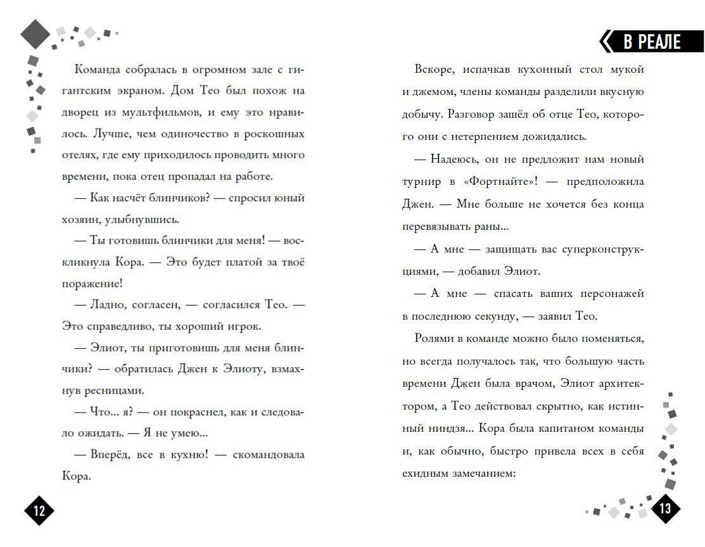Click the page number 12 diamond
[x=39, y=511]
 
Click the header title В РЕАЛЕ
[x=652, y=42]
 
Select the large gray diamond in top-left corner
[x=35, y=34]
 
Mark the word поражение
[x=89, y=284]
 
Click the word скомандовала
[x=268, y=455]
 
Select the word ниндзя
[x=441, y=429]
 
